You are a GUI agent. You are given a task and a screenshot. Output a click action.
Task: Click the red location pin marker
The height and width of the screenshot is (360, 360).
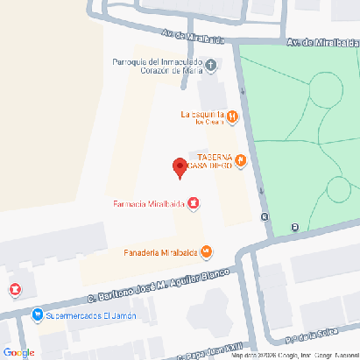pos(180,166)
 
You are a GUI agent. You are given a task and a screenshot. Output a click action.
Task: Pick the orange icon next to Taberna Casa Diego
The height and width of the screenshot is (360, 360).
pos(241,160)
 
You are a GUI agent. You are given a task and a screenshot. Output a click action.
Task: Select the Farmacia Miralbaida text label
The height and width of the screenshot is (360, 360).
pos(148,204)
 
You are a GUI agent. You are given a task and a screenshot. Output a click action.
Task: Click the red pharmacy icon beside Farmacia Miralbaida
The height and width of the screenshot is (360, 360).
pos(194,204)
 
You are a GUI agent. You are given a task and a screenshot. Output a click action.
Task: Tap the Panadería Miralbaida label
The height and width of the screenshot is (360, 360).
pos(159,252)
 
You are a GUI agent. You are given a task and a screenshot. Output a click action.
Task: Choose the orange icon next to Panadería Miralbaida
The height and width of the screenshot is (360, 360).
pos(206,252)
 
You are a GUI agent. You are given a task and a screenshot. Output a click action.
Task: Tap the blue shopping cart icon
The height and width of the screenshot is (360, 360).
pos(37,314)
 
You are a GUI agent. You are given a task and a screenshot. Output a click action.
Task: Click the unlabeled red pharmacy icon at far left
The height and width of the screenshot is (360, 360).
pos(15,289)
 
